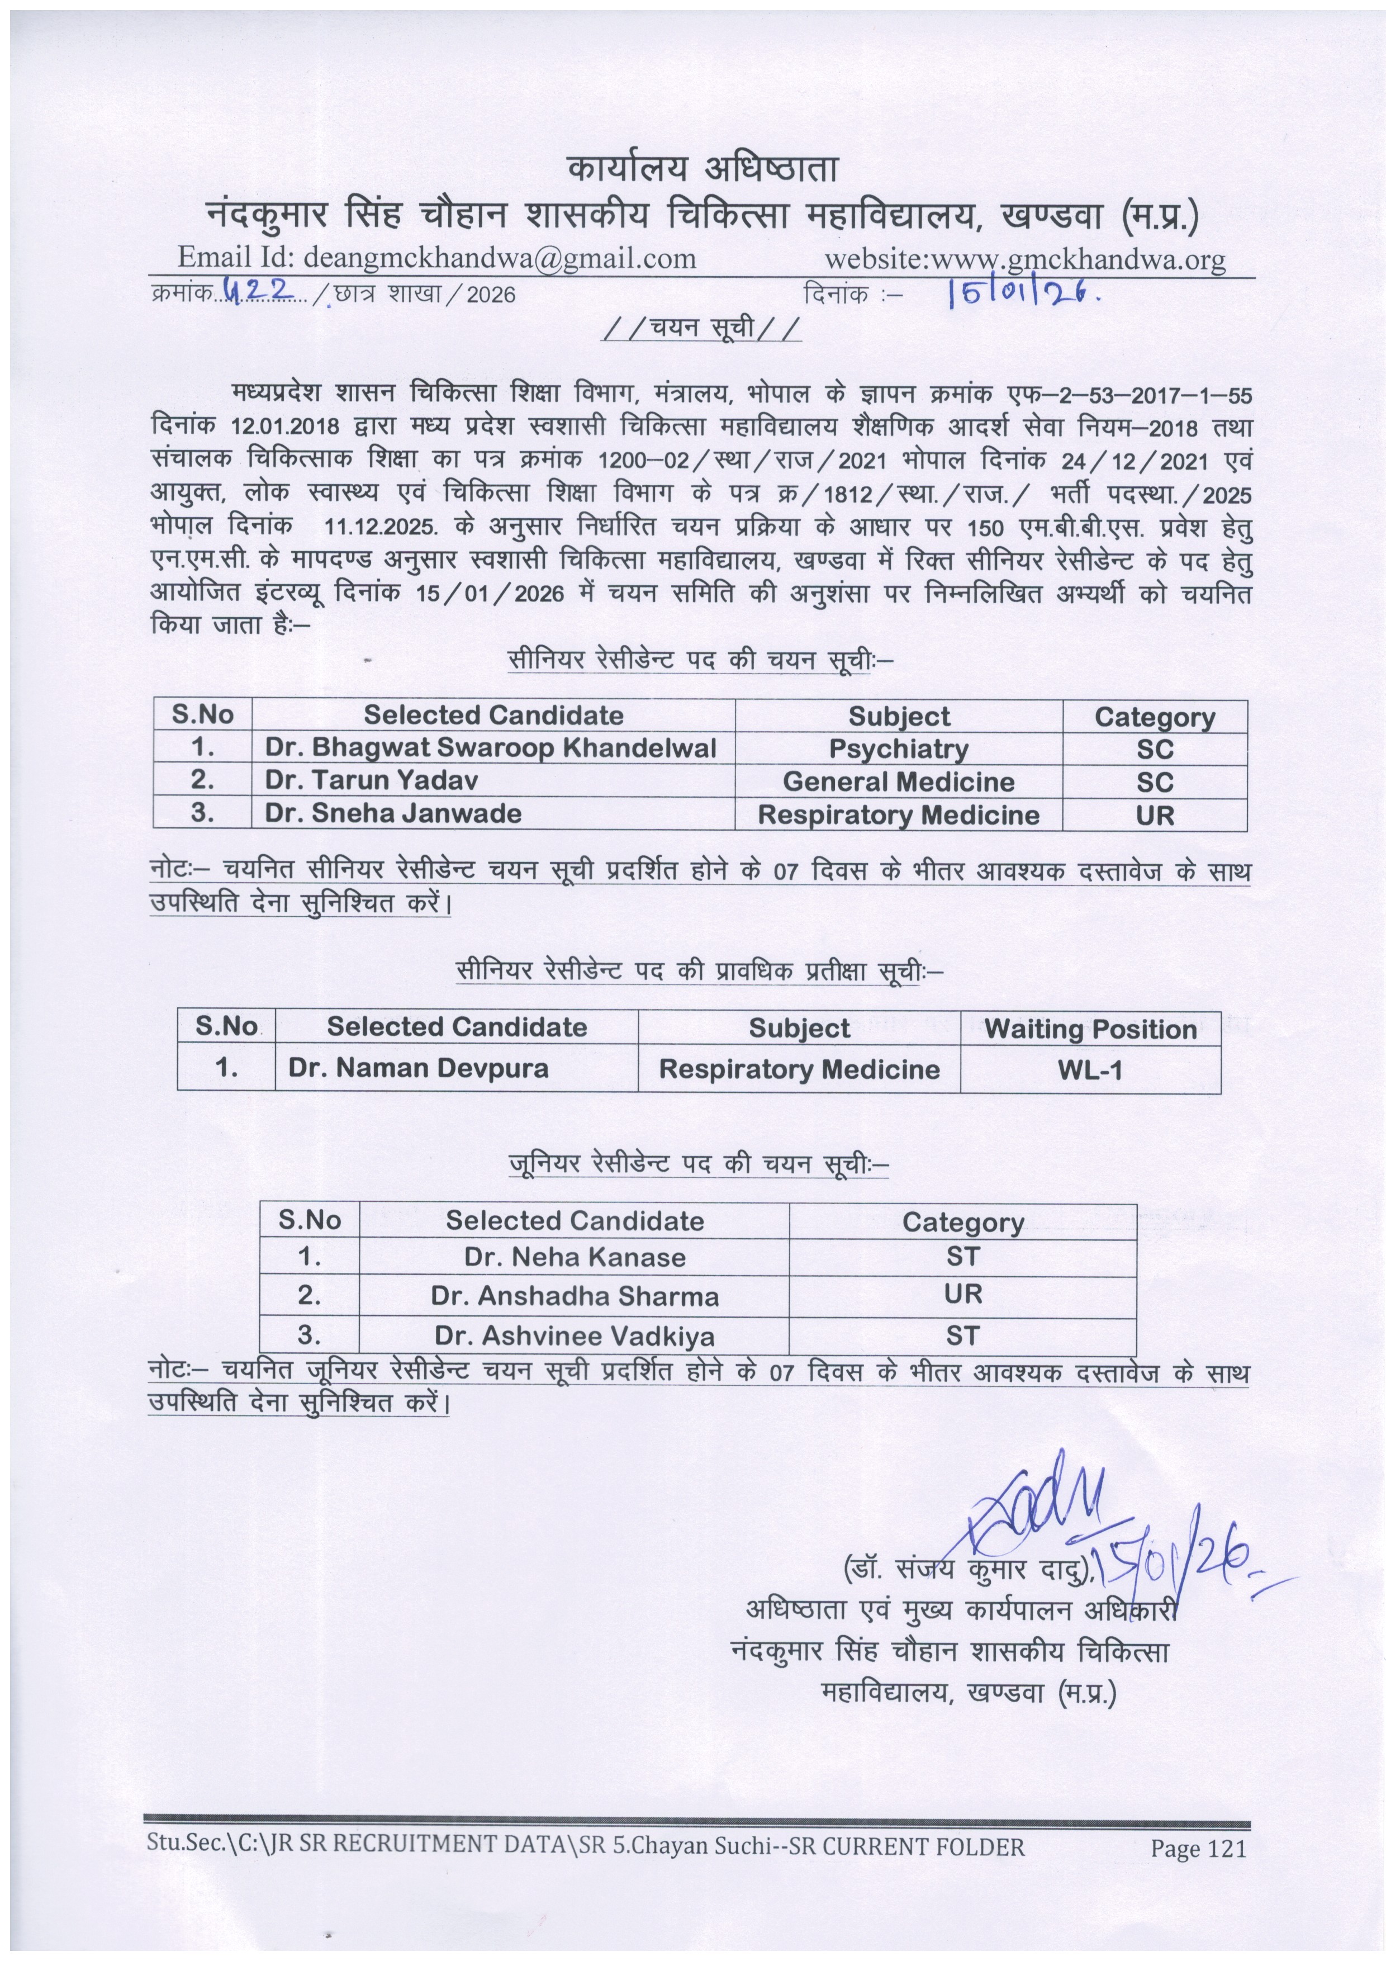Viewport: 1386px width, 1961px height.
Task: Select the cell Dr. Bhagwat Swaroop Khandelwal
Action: tap(490, 747)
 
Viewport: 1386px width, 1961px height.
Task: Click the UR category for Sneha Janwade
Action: tap(1155, 815)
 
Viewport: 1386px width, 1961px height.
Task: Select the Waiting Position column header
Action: tap(1090, 1029)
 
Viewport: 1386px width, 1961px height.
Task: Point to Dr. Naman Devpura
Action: tap(419, 1068)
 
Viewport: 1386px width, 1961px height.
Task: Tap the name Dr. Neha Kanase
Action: tap(575, 1257)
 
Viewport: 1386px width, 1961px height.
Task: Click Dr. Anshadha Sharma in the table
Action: tap(575, 1296)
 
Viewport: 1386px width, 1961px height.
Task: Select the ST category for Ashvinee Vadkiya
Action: tap(962, 1335)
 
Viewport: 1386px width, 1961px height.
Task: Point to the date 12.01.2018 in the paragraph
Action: tap(286, 426)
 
